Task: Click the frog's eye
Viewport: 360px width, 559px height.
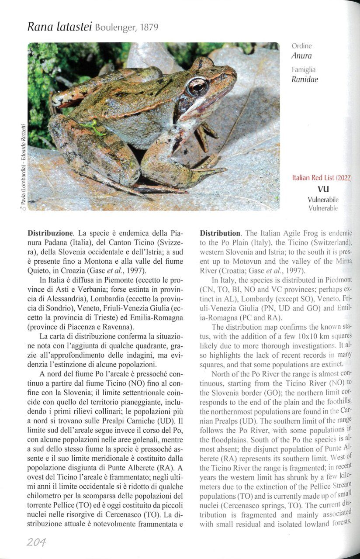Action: tap(197, 86)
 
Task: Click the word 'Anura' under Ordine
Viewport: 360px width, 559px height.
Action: tap(301, 56)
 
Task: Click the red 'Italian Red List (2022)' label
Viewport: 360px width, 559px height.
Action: tap(322, 178)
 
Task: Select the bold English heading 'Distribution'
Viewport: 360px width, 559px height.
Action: tap(220, 233)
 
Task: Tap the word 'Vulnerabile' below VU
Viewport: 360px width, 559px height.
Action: tap(323, 200)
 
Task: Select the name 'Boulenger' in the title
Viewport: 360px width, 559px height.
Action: tap(113, 28)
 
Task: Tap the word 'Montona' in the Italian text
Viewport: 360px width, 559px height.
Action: tap(93, 262)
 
